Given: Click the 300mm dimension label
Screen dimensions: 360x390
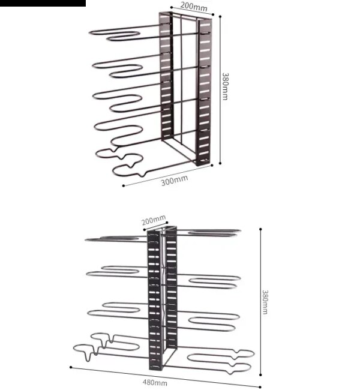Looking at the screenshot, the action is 175,181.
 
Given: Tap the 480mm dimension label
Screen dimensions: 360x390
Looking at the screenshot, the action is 155,382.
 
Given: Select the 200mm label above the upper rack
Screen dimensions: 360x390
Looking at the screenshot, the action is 194,6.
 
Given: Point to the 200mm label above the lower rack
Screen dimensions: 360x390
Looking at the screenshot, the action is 154,220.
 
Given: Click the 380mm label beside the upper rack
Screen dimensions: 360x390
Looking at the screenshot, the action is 225,86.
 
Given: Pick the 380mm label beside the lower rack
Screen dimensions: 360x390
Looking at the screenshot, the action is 265,302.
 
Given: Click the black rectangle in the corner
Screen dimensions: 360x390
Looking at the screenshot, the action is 43,3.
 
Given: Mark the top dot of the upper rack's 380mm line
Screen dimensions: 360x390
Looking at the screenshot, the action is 220,17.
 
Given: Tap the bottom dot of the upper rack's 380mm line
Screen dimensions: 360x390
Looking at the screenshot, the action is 220,163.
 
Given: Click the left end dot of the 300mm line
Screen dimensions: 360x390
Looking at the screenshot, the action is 124,185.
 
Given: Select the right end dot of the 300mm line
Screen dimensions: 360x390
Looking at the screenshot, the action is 212,165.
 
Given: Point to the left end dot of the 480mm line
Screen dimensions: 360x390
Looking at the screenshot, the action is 71,367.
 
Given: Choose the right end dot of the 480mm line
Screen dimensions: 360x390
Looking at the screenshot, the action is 260,387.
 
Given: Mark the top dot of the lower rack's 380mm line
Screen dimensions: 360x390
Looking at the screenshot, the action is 260,229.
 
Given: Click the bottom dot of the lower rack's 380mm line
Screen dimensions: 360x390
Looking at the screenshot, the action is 260,374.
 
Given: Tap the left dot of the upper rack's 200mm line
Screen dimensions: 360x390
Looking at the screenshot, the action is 171,7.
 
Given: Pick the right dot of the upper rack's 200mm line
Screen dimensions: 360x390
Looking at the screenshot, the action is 213,14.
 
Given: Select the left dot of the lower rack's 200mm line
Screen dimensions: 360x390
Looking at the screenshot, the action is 144,230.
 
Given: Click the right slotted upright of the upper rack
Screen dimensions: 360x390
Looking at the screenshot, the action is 204,91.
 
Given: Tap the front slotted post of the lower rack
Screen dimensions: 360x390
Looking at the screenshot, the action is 155,300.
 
